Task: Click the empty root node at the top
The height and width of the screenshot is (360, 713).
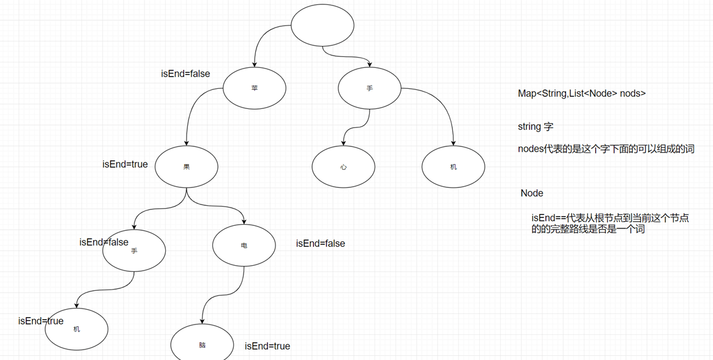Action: (323, 26)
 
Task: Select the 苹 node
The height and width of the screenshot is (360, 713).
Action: (255, 88)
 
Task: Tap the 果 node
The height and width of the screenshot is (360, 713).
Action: (187, 167)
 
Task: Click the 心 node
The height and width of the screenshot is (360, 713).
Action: (343, 167)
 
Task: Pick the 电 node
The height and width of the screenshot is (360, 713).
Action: (244, 246)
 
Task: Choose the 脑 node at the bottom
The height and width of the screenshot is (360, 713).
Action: (202, 345)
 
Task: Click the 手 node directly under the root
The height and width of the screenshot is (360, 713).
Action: (370, 88)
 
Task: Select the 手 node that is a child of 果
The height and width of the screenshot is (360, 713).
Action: (134, 250)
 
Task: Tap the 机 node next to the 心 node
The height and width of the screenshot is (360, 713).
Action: (454, 167)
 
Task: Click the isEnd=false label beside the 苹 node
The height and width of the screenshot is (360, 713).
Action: (185, 74)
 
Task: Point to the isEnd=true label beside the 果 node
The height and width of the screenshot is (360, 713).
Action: (125, 164)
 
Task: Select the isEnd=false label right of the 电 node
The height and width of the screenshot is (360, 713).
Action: (321, 244)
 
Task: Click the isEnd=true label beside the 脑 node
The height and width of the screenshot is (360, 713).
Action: (267, 347)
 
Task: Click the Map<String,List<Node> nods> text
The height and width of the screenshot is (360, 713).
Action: (581, 94)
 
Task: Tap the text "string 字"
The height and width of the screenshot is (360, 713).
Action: (536, 127)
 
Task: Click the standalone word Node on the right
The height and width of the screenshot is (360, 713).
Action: (532, 193)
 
